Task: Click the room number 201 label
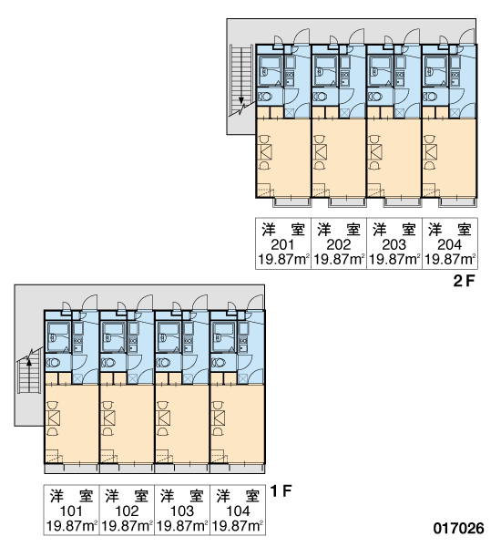tap(282, 245)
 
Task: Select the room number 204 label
tap(449, 245)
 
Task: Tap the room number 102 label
tap(127, 511)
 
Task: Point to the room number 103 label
tap(182, 511)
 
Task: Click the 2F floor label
tap(465, 281)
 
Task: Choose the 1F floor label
tap(281, 491)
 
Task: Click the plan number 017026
tap(458, 529)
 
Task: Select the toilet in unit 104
tap(219, 363)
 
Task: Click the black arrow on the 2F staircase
tap(241, 100)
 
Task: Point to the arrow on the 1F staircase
tap(29, 362)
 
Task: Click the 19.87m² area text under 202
tap(339, 260)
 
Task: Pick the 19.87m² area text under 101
tap(71, 526)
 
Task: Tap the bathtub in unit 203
tap(381, 71)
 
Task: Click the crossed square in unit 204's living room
tap(431, 152)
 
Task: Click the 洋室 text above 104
tap(238, 496)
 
